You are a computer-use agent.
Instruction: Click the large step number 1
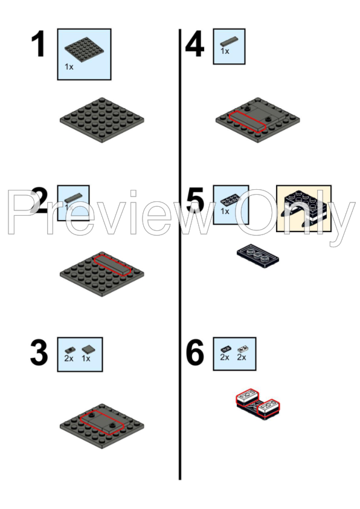pos(39,45)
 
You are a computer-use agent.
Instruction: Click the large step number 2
pos(40,201)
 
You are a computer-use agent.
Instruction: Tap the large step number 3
pos(39,353)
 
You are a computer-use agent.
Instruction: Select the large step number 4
pos(194,45)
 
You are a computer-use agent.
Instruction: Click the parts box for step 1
pos(84,54)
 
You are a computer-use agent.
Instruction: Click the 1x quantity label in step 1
pos(69,67)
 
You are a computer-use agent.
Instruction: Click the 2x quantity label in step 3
pos(68,358)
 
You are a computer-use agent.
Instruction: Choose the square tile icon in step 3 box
pos(87,349)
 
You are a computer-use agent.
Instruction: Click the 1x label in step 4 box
pos(225,52)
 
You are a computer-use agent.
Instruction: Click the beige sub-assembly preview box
pos(303,209)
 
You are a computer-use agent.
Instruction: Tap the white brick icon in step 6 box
pos(242,349)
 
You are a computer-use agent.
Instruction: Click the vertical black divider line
pos(180,254)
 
